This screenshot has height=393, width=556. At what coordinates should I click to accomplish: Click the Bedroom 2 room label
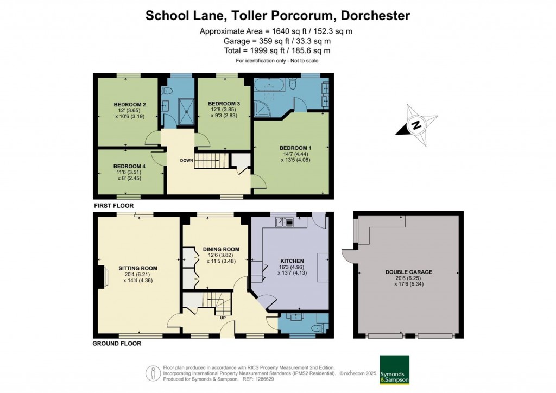point(130,104)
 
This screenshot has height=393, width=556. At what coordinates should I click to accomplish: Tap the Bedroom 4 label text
point(129,166)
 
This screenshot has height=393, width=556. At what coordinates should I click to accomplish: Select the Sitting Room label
point(138,268)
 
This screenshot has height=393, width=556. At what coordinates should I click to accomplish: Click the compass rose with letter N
point(416,125)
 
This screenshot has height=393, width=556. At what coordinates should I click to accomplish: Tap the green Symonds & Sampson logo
point(394,370)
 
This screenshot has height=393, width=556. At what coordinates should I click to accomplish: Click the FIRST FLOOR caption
point(113,206)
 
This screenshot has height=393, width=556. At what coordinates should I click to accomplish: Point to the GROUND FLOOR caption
point(117,343)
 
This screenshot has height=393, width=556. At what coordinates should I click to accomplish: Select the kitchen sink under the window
point(285,221)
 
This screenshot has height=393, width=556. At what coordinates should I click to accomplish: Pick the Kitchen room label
point(292,261)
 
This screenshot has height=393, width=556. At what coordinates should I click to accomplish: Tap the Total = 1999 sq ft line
point(277,50)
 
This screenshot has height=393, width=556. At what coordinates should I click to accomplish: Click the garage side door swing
point(347,255)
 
